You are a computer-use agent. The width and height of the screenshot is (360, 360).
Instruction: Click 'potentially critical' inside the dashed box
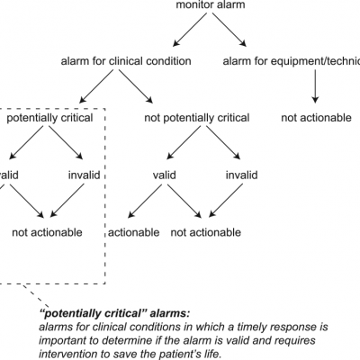[46, 117]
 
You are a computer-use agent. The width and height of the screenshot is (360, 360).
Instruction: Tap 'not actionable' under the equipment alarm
[316, 117]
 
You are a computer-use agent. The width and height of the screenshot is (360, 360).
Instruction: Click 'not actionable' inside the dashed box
[46, 232]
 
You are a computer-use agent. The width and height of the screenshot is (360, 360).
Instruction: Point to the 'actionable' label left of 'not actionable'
[133, 232]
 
